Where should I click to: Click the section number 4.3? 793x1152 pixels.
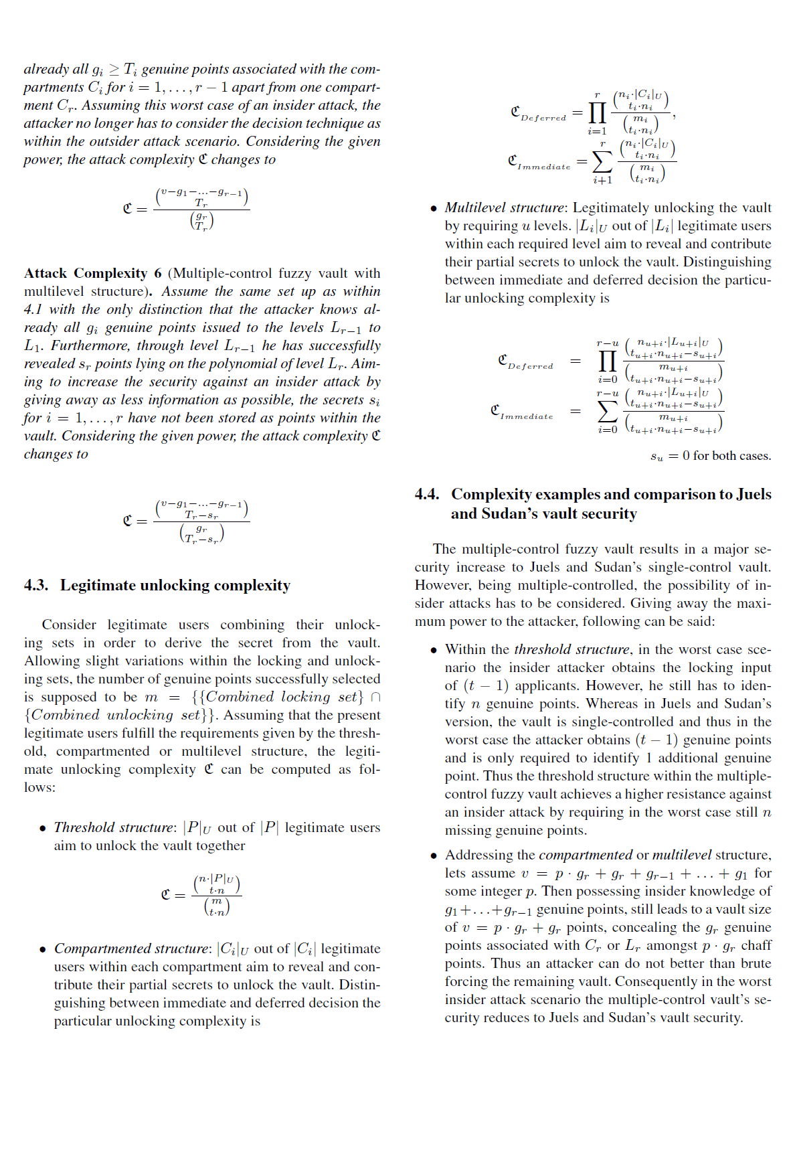click(36, 586)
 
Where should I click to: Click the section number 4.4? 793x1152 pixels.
click(427, 495)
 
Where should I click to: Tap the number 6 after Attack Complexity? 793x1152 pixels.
click(158, 273)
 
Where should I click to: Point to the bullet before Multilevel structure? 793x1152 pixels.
click(434, 209)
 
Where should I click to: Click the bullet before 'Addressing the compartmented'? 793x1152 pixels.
click(434, 856)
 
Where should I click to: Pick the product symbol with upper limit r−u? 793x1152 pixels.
click(607, 361)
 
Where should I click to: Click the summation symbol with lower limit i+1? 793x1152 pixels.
click(602, 161)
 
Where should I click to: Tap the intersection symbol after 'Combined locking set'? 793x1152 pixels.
click(375, 697)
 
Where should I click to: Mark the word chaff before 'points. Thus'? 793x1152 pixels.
click(756, 946)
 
